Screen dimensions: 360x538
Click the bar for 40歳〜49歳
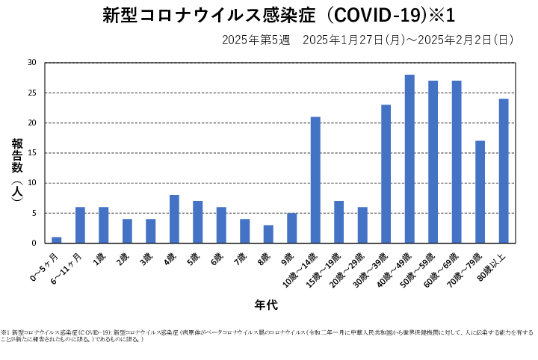[409, 158]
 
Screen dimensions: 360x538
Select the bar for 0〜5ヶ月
[56, 240]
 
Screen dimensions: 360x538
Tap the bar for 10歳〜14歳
[315, 179]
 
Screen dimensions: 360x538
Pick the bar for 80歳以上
[504, 170]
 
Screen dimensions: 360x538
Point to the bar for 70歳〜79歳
[480, 191]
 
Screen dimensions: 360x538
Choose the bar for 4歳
[174, 219]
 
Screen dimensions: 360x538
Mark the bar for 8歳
[268, 234]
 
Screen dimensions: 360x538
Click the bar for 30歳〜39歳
[386, 173]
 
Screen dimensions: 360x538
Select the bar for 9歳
[291, 228]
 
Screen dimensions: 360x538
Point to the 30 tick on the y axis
[31, 63]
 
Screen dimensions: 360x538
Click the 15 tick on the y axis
[31, 153]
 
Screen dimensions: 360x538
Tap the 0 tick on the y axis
[34, 243]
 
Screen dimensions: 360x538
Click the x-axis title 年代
[267, 305]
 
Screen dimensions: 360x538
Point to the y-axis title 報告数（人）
[16, 169]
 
